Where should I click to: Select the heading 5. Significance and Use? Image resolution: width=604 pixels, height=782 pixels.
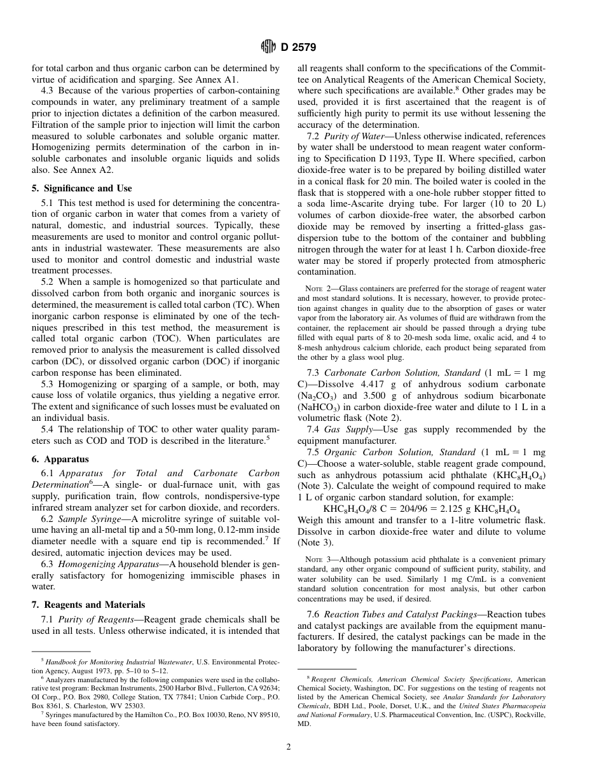82,188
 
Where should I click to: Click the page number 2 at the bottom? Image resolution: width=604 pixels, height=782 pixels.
289,747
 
